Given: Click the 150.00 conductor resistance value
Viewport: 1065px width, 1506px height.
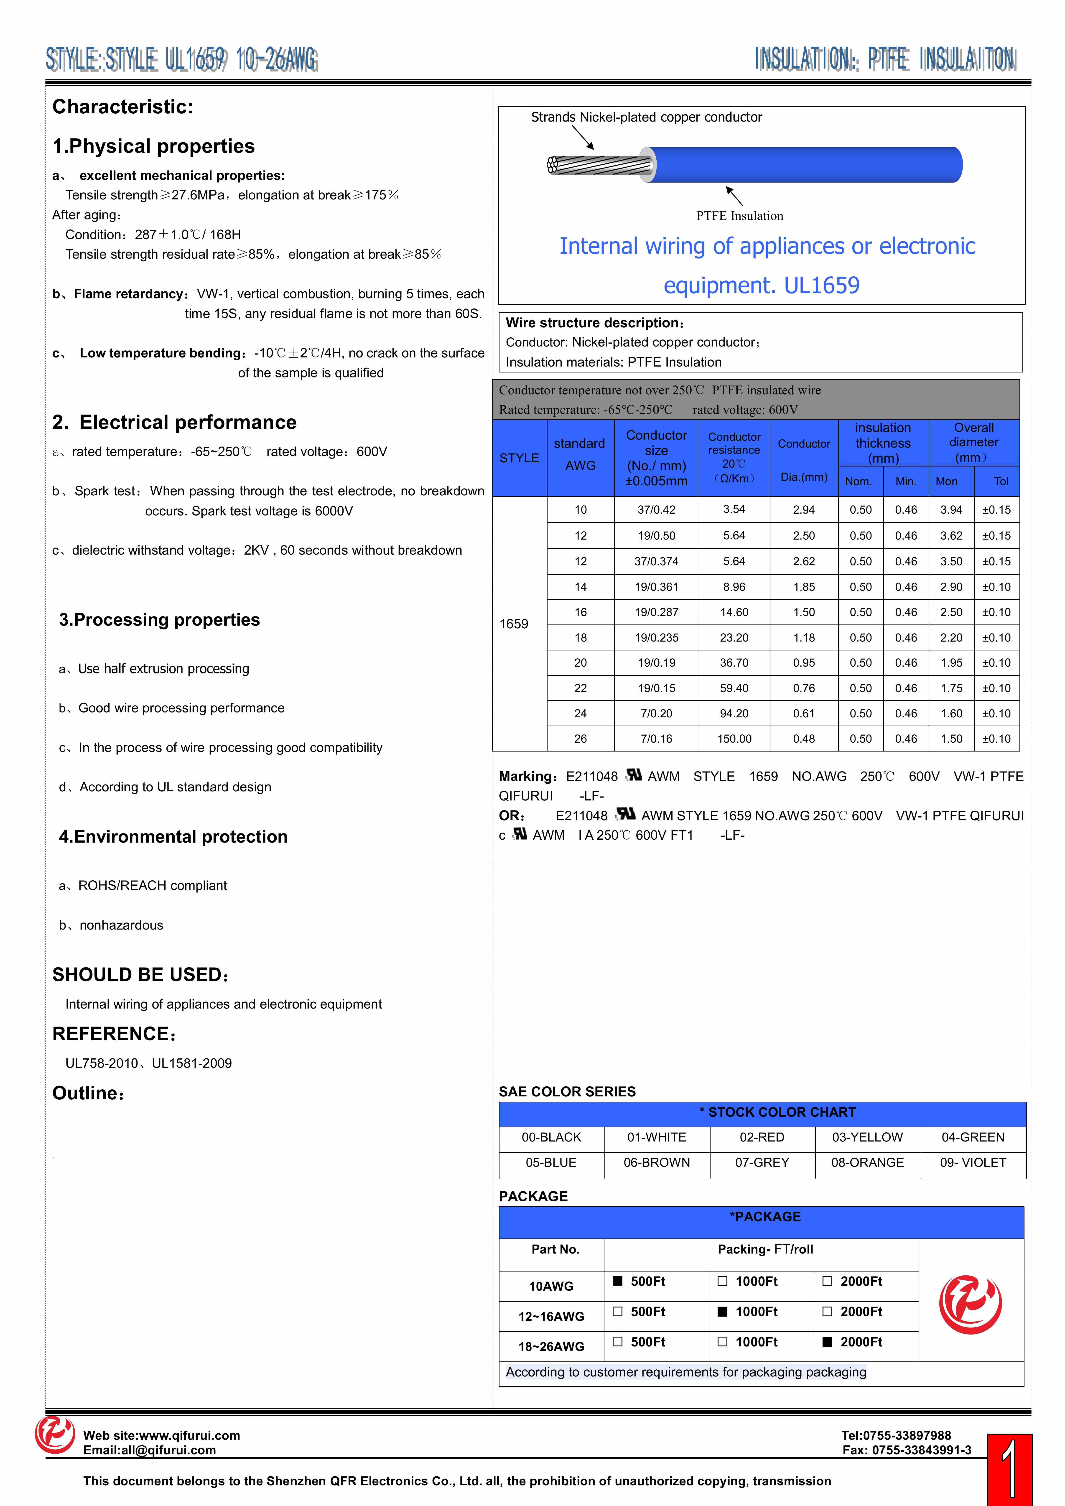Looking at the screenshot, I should click(734, 739).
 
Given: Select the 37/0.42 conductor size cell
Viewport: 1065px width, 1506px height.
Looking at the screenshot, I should click(656, 510).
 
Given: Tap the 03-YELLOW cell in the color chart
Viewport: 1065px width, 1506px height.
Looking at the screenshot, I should click(867, 1137).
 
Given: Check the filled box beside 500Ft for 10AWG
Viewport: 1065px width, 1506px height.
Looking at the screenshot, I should click(617, 1281).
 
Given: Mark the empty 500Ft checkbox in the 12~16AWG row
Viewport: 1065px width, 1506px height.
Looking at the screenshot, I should click(617, 1311).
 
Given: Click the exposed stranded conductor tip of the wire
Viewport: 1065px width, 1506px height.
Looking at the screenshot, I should click(554, 165).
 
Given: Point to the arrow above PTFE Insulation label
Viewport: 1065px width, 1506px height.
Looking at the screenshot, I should click(734, 196).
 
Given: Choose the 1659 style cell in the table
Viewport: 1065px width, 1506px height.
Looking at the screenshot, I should click(513, 624).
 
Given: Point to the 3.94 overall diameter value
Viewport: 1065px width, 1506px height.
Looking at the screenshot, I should click(951, 510).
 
